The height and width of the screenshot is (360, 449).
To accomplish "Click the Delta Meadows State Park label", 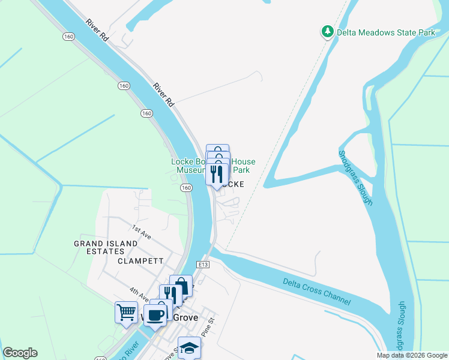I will (x=385, y=32).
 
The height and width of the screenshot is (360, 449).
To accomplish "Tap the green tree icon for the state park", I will (x=327, y=31).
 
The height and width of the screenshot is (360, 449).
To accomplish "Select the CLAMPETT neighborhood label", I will (x=141, y=262).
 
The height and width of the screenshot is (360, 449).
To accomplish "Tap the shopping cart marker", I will (x=125, y=311).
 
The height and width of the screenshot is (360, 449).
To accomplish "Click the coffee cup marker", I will (x=155, y=314).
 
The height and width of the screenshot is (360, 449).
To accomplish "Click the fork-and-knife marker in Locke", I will (x=217, y=175).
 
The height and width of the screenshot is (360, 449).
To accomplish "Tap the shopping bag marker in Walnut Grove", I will (x=181, y=286).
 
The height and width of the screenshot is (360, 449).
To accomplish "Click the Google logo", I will (x=20, y=353).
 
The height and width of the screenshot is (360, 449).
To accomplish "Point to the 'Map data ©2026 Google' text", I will (x=412, y=355).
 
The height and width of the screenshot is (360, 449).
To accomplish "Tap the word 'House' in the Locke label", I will (x=244, y=161).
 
